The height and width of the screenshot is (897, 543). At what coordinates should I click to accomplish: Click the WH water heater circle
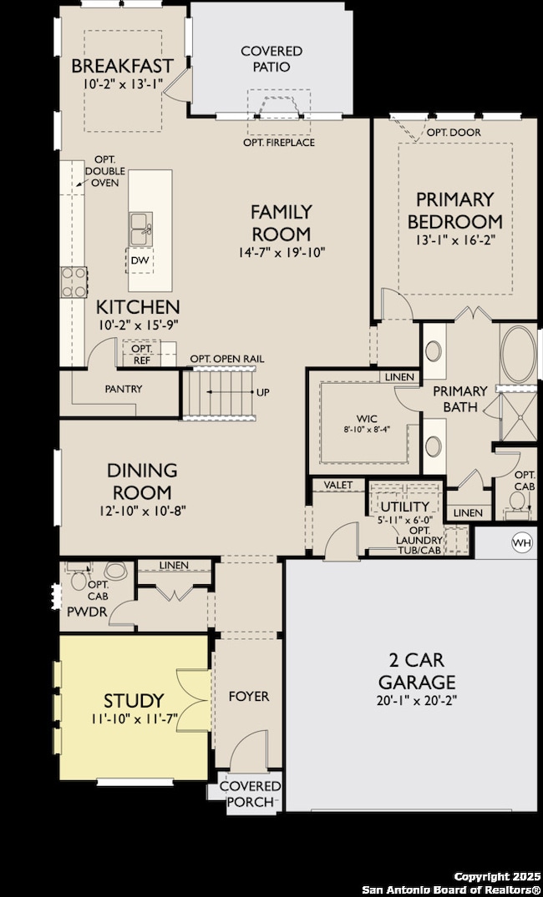point(522,542)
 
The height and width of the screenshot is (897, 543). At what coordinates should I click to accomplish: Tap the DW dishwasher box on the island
point(140,260)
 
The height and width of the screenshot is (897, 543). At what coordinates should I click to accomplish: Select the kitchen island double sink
point(140,229)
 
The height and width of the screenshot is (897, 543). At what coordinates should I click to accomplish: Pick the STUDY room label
point(134,701)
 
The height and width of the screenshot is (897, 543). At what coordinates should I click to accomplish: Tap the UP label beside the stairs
point(263,392)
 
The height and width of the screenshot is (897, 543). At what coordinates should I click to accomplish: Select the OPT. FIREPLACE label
point(279,143)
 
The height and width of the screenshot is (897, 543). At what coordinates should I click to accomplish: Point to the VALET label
point(338,485)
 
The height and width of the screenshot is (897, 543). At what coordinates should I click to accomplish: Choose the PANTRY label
point(123,389)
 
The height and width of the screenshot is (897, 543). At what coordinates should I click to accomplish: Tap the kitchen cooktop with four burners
point(74,282)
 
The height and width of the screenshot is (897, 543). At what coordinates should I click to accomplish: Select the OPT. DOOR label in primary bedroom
point(445,133)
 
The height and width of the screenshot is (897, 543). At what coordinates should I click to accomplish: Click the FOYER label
point(249,696)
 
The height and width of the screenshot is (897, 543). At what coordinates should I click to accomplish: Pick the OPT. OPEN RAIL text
point(227,359)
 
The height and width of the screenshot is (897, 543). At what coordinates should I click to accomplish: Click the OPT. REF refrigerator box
point(141,354)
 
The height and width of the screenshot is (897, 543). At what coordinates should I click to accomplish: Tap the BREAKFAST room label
point(122,66)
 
